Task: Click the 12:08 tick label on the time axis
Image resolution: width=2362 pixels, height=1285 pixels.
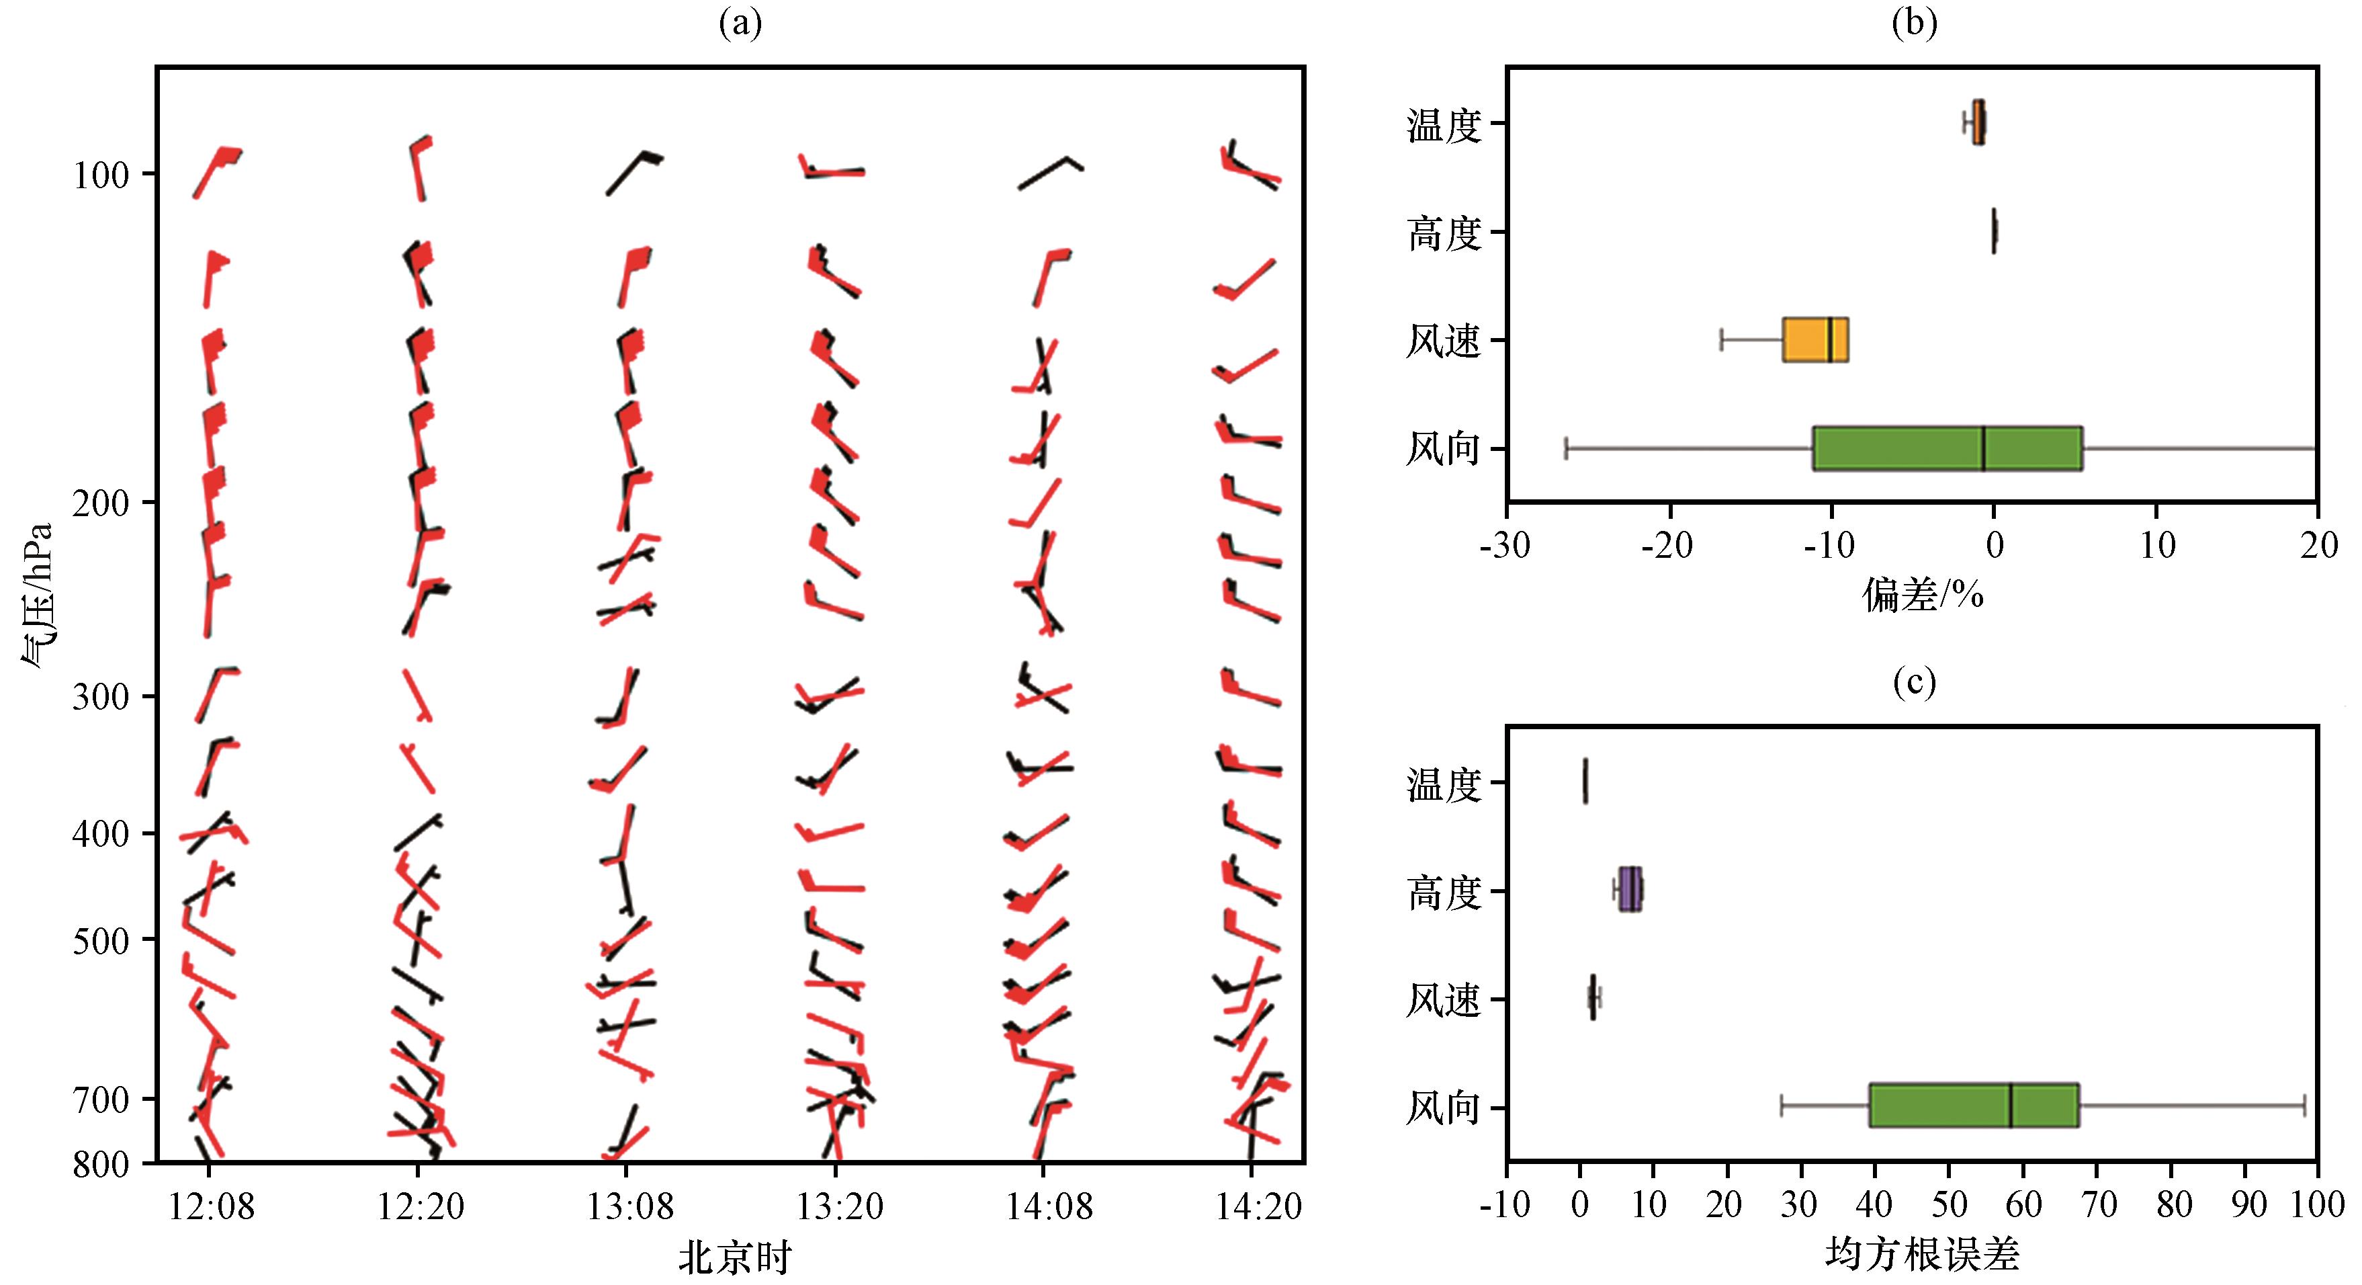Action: [211, 1206]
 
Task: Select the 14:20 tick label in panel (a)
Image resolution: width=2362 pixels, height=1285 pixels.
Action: [1258, 1206]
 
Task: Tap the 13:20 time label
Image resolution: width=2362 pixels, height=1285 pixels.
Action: [840, 1206]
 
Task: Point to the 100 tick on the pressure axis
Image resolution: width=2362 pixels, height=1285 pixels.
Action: [101, 174]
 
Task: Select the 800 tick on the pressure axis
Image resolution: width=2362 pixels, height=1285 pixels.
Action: [101, 1163]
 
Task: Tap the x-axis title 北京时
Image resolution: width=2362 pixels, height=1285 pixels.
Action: [734, 1258]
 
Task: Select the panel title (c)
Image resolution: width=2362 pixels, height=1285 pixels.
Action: [1915, 681]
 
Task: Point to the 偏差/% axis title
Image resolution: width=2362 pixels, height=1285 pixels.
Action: [1923, 597]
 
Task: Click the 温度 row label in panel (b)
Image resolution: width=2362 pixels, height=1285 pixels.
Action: [1444, 125]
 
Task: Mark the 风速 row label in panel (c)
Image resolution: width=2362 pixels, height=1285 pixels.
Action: [1444, 1000]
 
